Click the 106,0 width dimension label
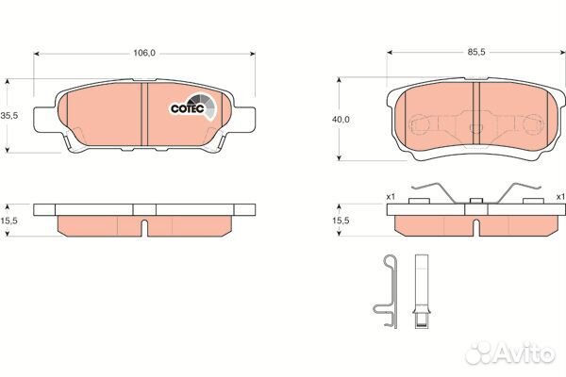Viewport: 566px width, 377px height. pyautogui.click(x=144, y=53)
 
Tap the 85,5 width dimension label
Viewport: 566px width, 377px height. pyautogui.click(x=476, y=52)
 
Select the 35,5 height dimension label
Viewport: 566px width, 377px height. pyautogui.click(x=9, y=116)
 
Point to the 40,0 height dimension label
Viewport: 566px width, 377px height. pyautogui.click(x=341, y=120)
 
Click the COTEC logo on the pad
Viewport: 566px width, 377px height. pyautogui.click(x=192, y=107)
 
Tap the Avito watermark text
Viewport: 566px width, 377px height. pyautogui.click(x=510, y=352)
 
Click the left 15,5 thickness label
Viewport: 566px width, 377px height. pyautogui.click(x=9, y=221)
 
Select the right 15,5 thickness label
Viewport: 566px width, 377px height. pyautogui.click(x=341, y=221)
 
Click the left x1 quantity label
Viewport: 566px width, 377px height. pyautogui.click(x=391, y=197)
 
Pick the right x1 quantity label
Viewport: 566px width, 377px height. pyautogui.click(x=560, y=197)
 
